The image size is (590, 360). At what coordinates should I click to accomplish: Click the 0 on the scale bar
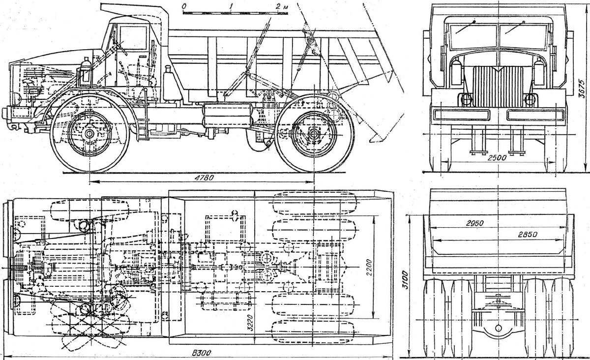pyautogui.click(x=183, y=5)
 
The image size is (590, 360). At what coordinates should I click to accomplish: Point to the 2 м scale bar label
pyautogui.click(x=281, y=6)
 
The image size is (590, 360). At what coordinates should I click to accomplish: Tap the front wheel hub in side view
pyautogui.click(x=90, y=133)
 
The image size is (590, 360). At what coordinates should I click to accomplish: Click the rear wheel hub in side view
pyautogui.click(x=314, y=133)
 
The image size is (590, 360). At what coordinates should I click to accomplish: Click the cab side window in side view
pyautogui.click(x=133, y=38)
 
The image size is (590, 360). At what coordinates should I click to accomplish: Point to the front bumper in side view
pyautogui.click(x=7, y=114)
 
